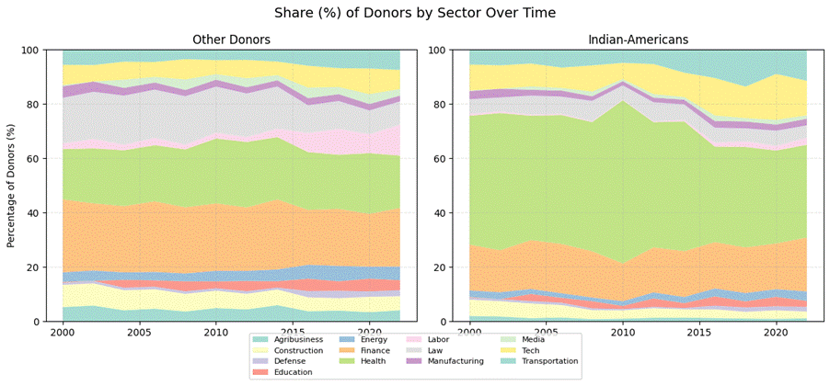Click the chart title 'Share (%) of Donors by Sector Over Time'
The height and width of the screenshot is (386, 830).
coord(415,13)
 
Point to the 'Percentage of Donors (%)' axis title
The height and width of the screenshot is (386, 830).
coord(12,186)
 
